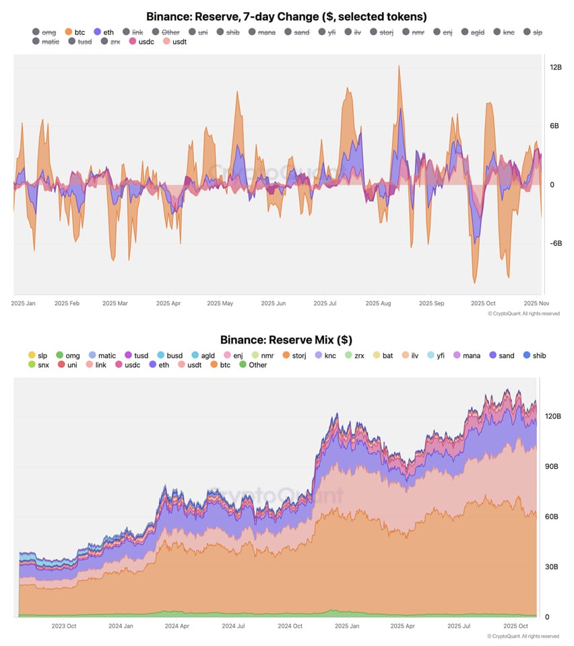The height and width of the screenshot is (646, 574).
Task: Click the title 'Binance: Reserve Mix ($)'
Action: point(286,340)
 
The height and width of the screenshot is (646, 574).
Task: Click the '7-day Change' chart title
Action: point(286,16)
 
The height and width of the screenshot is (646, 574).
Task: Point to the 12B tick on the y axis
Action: point(556,67)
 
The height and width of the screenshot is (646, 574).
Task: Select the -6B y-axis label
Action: point(556,243)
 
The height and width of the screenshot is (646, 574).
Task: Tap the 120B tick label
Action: point(552,416)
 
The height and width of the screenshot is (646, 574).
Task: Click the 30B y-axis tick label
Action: point(552,567)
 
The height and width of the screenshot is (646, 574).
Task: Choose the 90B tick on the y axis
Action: point(552,466)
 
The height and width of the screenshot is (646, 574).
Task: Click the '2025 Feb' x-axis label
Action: point(67,304)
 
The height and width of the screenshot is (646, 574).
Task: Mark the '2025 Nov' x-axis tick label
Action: point(536,304)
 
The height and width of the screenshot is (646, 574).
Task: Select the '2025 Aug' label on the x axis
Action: point(378,304)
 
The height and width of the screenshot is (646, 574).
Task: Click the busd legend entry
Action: point(169,355)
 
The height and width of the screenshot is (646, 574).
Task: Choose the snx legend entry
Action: point(40,365)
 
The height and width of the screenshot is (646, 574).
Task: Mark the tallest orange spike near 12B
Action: point(400,67)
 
